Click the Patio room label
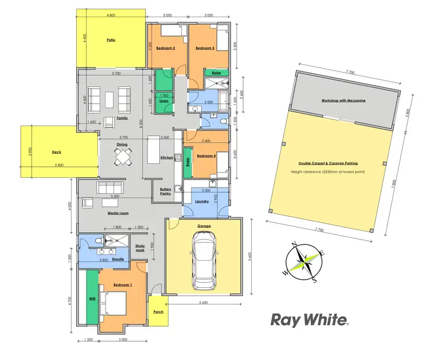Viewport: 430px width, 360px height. tap(111, 41)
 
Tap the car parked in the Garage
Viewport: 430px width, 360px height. tap(204, 263)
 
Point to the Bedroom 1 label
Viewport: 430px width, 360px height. tap(122, 285)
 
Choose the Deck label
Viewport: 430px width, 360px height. tap(56, 152)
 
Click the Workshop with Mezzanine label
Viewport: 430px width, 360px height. tap(344, 100)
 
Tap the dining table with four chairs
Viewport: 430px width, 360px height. tap(124, 156)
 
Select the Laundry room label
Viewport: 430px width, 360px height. tap(202, 201)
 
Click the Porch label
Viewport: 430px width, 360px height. tap(158, 312)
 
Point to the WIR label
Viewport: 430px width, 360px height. tap(92, 299)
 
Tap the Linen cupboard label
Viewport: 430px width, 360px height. tap(164, 101)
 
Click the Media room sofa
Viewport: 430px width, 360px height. tap(111, 187)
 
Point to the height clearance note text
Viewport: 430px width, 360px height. tap(327, 171)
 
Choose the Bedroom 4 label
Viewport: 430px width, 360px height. tap(206, 156)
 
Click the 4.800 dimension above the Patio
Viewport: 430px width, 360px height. tap(111, 14)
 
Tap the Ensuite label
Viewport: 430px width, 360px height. tap(118, 259)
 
